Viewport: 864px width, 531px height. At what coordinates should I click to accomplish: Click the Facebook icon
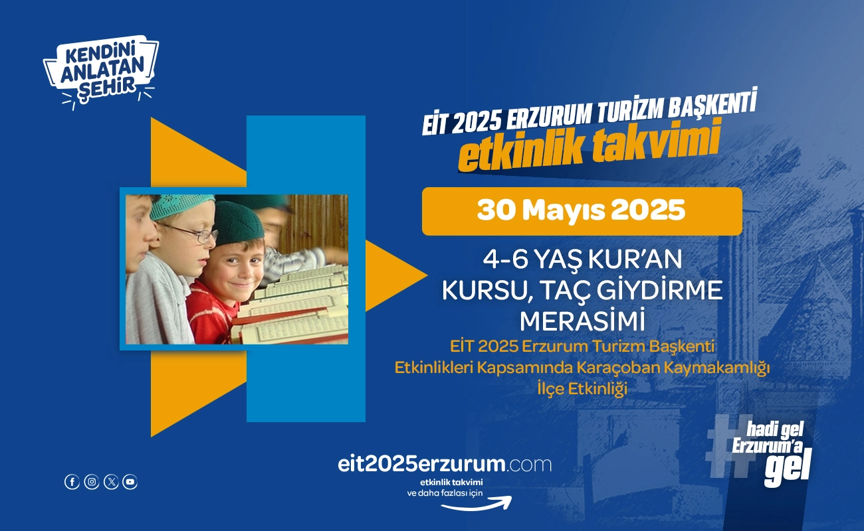(72, 482)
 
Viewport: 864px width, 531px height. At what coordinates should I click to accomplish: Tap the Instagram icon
(92, 482)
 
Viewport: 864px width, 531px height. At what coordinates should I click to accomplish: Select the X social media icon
(111, 482)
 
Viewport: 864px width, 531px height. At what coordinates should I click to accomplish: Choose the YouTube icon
(130, 482)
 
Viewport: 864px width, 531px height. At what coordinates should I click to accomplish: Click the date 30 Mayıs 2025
(582, 210)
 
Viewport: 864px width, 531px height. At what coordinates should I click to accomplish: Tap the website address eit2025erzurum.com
(445, 465)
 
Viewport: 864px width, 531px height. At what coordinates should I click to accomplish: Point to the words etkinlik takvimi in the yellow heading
(590, 147)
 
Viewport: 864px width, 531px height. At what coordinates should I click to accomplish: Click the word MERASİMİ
(582, 321)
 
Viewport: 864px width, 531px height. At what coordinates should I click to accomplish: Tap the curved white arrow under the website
(477, 504)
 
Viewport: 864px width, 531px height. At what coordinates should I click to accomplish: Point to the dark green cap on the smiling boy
(238, 223)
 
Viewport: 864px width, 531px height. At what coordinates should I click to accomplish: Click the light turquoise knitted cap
(181, 206)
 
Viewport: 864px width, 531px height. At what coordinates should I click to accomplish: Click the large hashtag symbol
(729, 446)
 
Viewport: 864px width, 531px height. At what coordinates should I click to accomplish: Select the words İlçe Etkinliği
(582, 389)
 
